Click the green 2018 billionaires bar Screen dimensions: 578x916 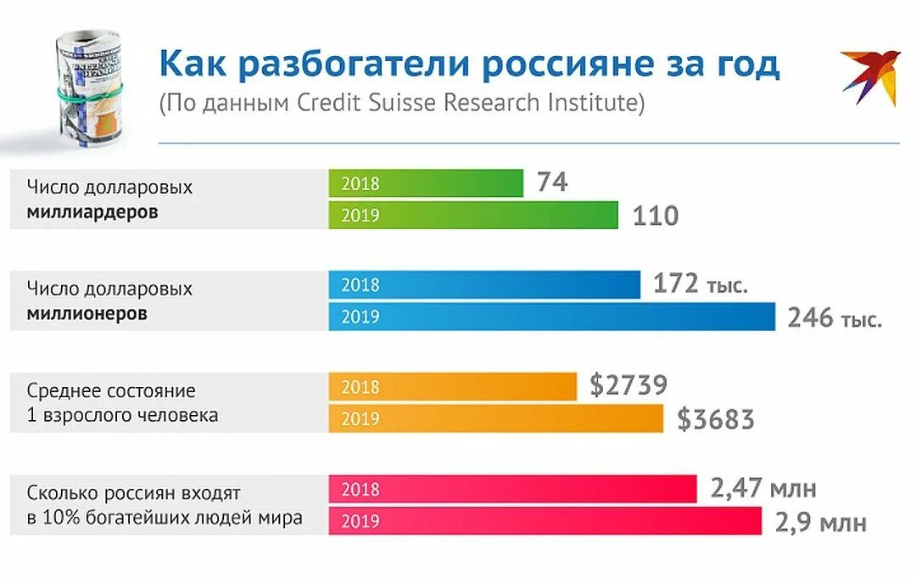coord(426,183)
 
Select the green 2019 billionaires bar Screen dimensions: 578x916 coord(473,215)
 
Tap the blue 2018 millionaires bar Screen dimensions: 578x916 coord(484,285)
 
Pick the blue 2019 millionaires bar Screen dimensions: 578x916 coord(551,317)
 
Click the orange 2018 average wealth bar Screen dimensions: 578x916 coord(453,387)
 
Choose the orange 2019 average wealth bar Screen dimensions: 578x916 coord(496,418)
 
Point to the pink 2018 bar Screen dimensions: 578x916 coord(512,489)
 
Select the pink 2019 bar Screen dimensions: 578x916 coord(545,520)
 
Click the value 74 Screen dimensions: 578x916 coord(551,182)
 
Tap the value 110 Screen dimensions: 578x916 coord(655,216)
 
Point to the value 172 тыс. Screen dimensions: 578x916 coord(701,284)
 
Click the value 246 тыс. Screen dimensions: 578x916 coord(835,318)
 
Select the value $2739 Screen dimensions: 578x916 coord(628,386)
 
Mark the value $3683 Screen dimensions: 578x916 coord(715,419)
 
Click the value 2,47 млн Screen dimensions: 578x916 coord(763,488)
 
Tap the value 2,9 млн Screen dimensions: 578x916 coord(820,522)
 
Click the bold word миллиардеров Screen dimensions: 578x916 coord(92,212)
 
